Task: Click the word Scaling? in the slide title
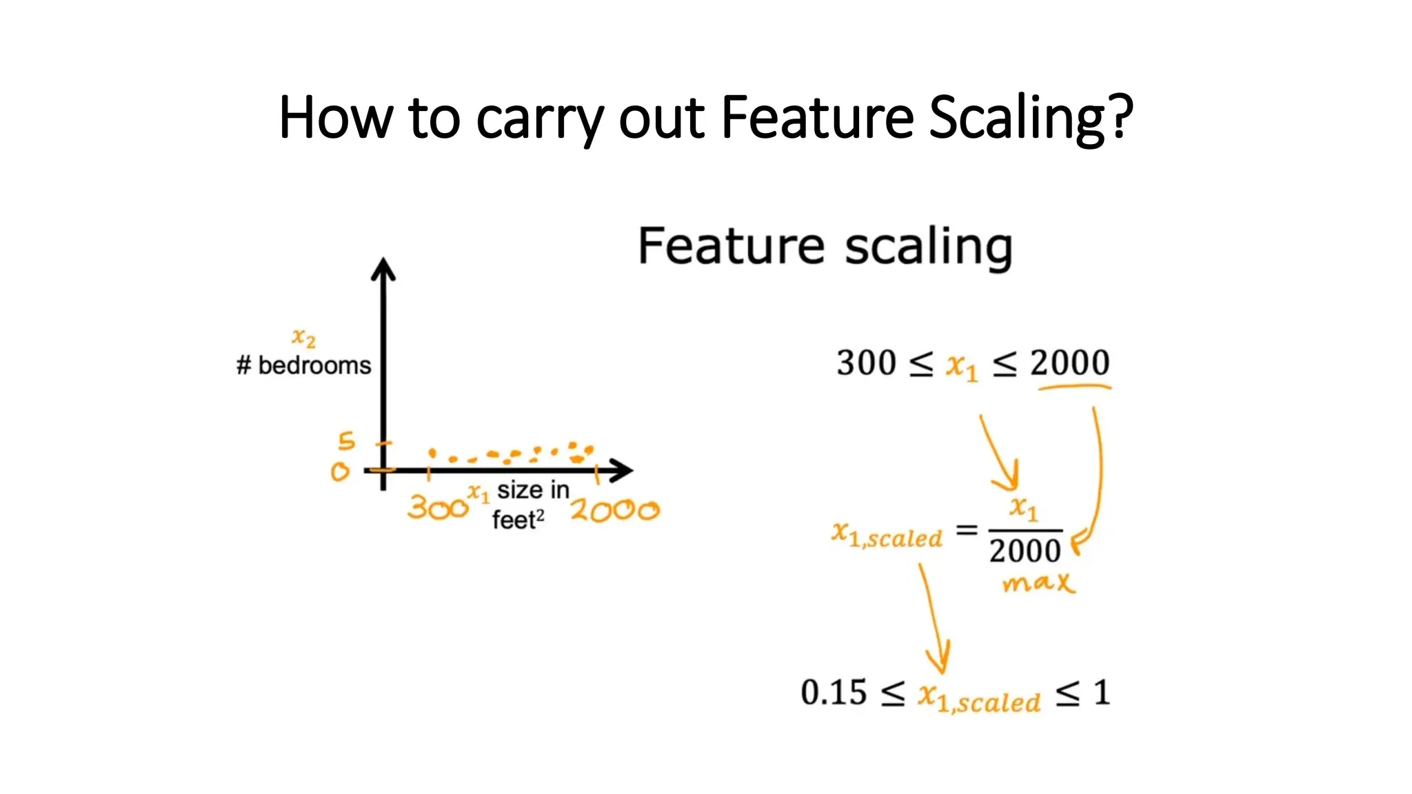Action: [x=1031, y=119]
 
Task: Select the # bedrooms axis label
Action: [x=303, y=365]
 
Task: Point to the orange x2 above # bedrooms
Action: [x=303, y=337]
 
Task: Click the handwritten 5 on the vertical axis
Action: [x=346, y=441]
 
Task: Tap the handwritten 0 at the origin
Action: [x=340, y=472]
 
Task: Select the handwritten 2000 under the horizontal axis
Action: [x=614, y=511]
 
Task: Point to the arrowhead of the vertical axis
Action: [x=383, y=269]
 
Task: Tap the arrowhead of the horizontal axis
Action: [x=623, y=471]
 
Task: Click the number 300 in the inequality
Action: [x=866, y=363]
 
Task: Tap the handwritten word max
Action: [x=1038, y=584]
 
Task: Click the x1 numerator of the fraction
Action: [x=1024, y=509]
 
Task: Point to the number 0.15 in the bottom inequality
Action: [x=834, y=693]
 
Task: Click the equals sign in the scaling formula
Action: [x=967, y=530]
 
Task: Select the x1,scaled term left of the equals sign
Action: [x=887, y=535]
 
